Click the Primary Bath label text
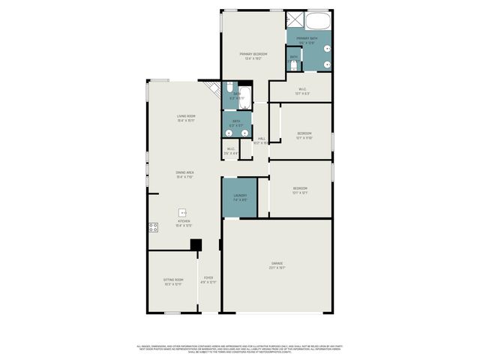pos(307,40)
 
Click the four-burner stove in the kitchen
pos(153,226)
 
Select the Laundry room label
pos(239,198)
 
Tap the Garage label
pos(277,265)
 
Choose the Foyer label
pos(208,280)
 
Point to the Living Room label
pos(186,118)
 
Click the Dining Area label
pos(185,175)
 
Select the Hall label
pos(261,140)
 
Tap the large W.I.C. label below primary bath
pos(301,91)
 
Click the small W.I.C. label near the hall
pos(231,151)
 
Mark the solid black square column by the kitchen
pos(196,244)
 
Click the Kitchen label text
pos(184,223)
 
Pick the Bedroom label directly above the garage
pos(300,190)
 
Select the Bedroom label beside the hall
pos(304,136)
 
